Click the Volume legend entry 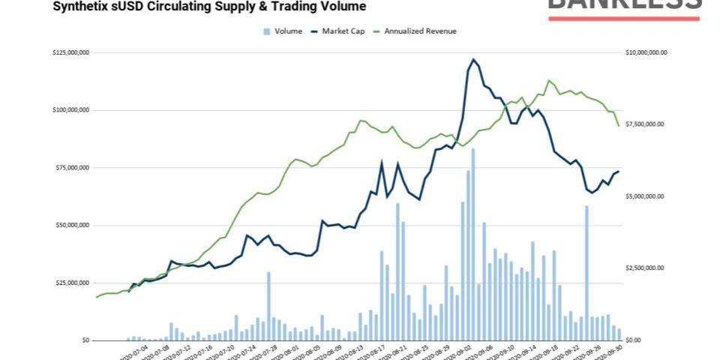click(x=288, y=31)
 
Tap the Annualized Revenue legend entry click(x=419, y=31)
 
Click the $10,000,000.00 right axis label click(x=646, y=52)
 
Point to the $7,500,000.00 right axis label click(x=644, y=124)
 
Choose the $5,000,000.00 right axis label click(x=644, y=196)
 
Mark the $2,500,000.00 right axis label click(x=644, y=268)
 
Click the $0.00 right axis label click(x=634, y=340)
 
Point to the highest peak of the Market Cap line click(x=473, y=59)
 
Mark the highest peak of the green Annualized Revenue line click(x=549, y=80)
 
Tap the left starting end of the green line click(x=97, y=297)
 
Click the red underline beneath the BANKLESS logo click(x=624, y=18)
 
